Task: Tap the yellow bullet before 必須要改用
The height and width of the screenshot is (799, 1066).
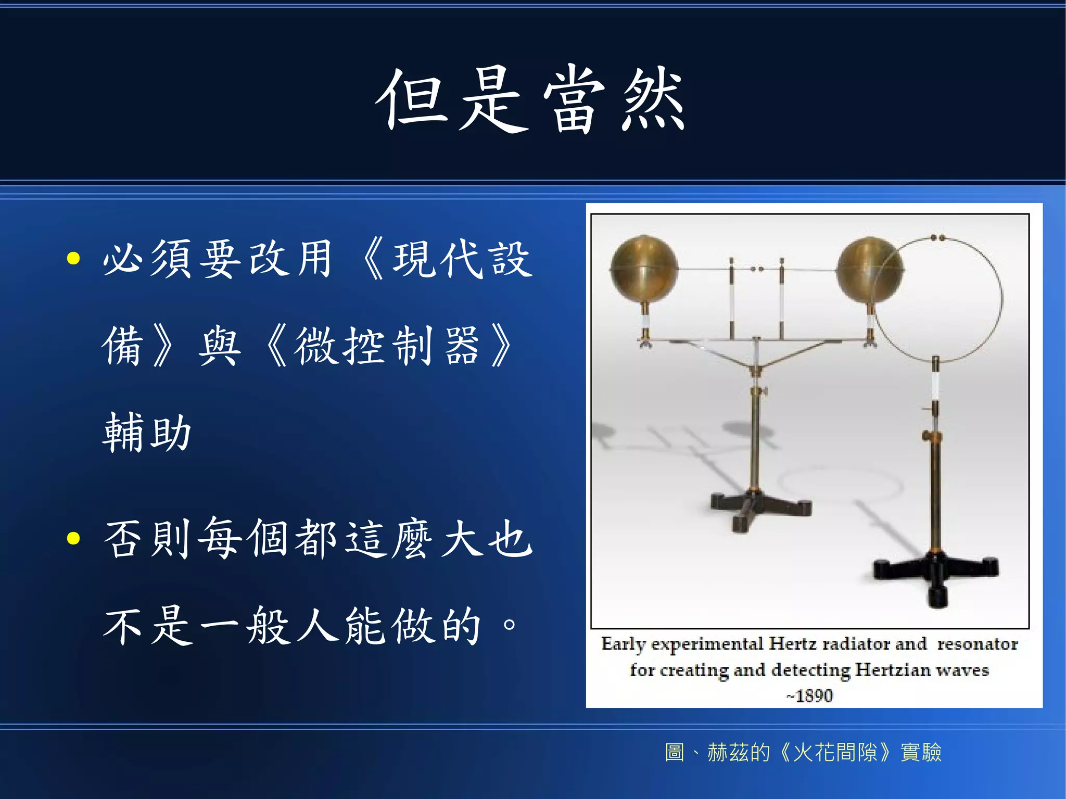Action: pos(73,259)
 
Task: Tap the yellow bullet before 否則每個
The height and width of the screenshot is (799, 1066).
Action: pos(73,538)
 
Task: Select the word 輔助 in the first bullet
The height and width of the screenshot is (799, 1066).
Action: pos(147,432)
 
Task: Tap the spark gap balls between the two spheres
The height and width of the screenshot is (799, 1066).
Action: pos(757,269)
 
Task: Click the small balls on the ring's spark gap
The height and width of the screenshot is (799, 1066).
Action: pos(937,238)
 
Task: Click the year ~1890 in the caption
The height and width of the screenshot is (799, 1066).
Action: pos(810,695)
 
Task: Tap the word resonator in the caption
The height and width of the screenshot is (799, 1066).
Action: pos(978,644)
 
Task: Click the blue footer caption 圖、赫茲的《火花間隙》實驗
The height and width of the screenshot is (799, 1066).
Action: pos(803,753)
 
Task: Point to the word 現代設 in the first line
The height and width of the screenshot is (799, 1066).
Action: pos(462,259)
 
